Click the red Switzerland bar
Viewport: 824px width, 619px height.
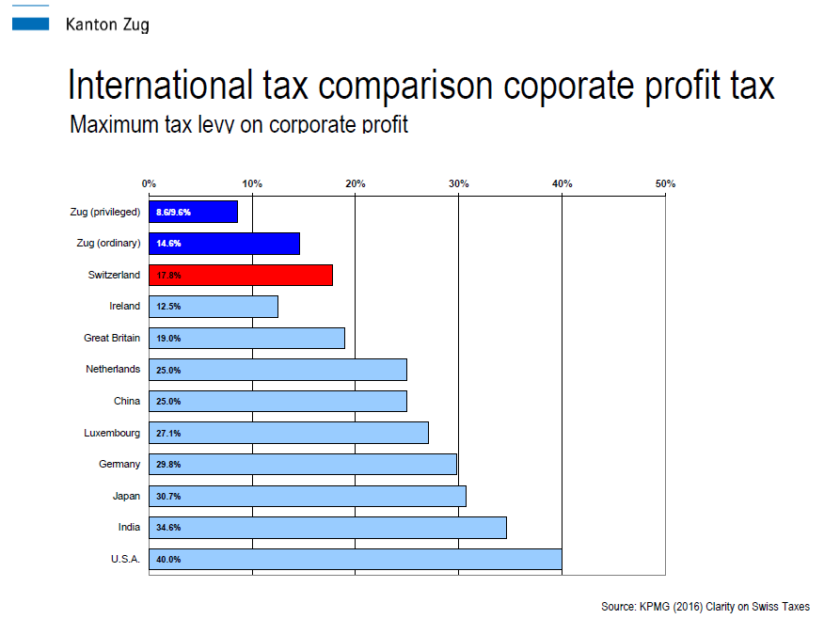[241, 276]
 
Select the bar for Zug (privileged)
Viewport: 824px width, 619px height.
[194, 212]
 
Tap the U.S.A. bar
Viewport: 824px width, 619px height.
[356, 559]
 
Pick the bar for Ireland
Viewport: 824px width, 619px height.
[214, 307]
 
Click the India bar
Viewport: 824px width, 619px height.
[328, 528]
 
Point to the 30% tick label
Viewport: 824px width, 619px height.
[458, 183]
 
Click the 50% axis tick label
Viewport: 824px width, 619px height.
[665, 183]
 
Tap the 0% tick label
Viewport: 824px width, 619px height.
[149, 183]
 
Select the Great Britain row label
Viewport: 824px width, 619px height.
[112, 338]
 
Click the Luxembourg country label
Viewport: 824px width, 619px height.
[112, 433]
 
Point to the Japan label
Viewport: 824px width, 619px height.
[126, 496]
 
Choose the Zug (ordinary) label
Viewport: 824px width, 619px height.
[109, 244]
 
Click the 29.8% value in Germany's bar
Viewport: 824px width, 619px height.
[168, 465]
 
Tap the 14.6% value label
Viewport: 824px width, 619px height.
[168, 244]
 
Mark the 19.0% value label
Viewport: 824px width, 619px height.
[168, 339]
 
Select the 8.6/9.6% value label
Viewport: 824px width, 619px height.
[173, 213]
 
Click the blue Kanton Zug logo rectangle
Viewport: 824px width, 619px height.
[30, 24]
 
